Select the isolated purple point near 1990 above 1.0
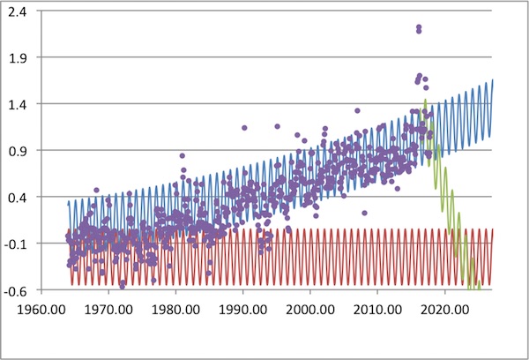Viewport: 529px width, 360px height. click(244, 128)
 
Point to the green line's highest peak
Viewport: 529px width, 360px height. click(426, 101)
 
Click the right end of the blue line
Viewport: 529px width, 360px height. click(492, 80)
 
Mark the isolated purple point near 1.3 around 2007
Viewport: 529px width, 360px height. click(357, 111)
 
